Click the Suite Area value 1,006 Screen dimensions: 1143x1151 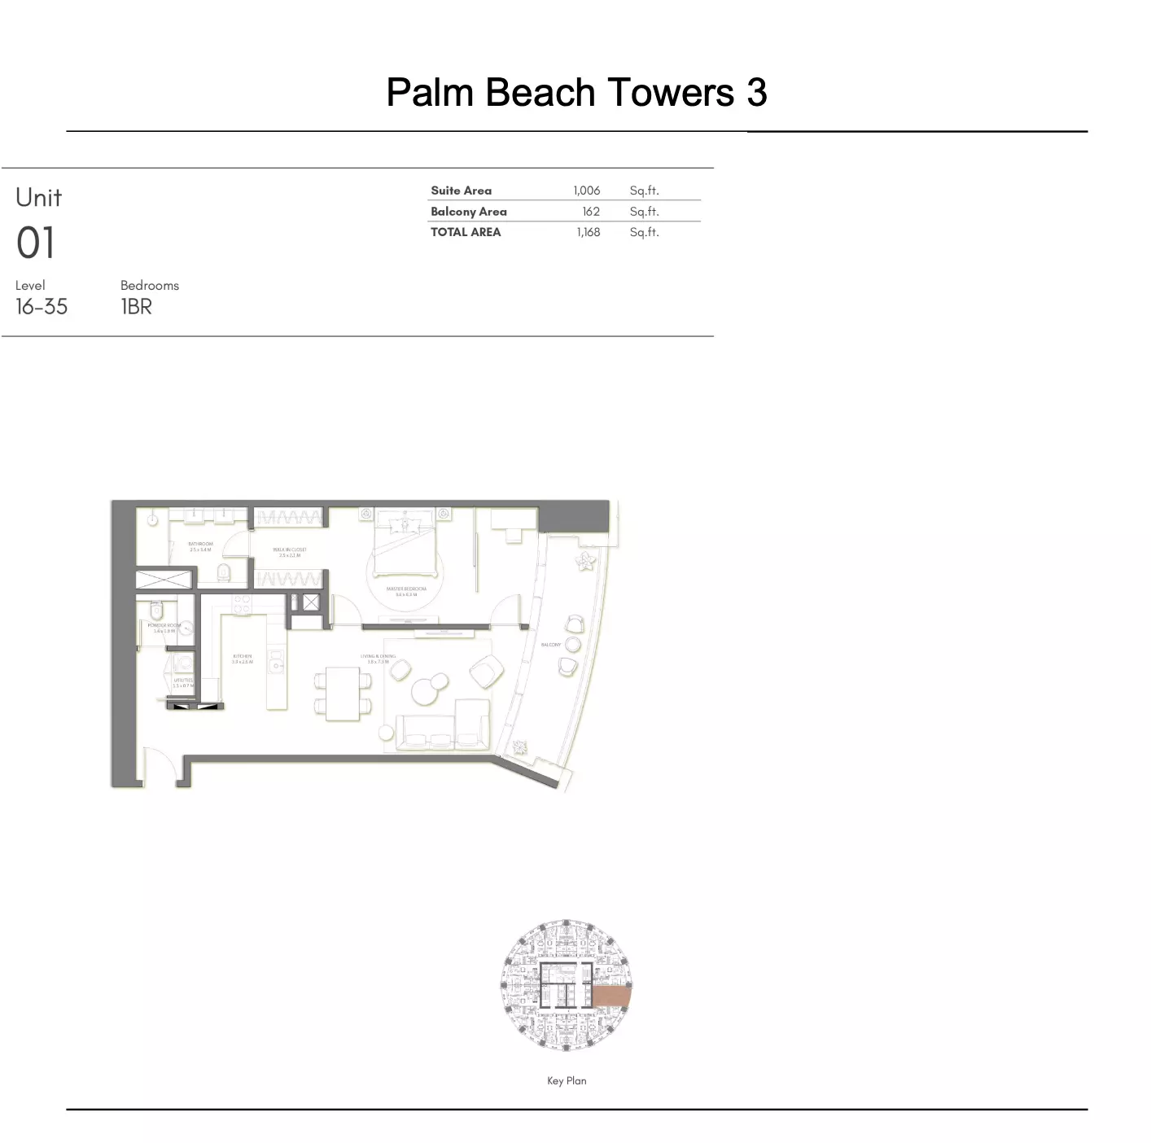tap(586, 190)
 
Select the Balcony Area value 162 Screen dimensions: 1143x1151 tap(591, 212)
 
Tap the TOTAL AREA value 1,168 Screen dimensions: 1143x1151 tap(588, 232)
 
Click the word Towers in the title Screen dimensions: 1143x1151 tap(669, 92)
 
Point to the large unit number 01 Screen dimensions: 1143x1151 tap(36, 243)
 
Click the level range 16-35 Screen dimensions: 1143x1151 tap(42, 307)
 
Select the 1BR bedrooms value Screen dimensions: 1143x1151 tap(136, 307)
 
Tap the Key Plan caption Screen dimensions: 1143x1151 tap(567, 1080)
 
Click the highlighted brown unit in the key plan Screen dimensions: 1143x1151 tap(611, 996)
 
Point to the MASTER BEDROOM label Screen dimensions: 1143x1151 tap(405, 589)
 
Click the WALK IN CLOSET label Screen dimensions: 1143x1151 tap(290, 550)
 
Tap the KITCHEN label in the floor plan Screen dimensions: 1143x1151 tap(242, 656)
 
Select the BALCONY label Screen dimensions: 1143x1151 tap(551, 645)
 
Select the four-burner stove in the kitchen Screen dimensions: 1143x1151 tap(242, 605)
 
